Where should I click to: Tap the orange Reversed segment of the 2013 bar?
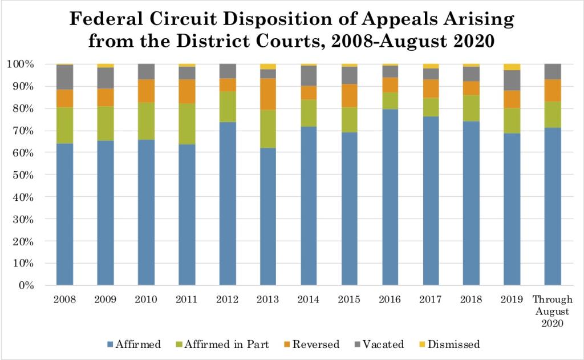click(269, 94)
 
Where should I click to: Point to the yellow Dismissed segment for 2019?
click(513, 67)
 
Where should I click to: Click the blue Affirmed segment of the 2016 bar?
click(391, 197)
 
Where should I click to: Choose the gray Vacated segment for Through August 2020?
click(553, 72)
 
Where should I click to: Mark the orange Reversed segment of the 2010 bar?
click(146, 91)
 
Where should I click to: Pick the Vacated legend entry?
click(382, 344)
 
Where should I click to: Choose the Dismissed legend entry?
click(450, 344)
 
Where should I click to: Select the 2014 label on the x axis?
click(309, 298)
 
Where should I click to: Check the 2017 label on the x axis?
click(431, 298)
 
